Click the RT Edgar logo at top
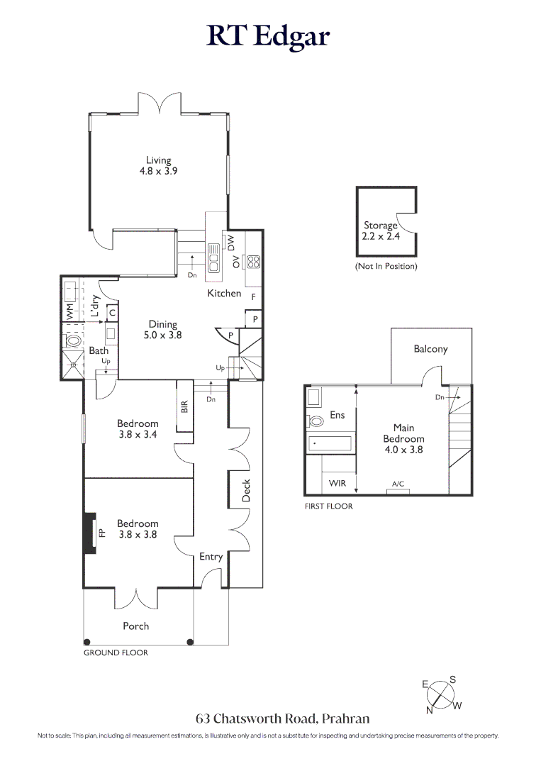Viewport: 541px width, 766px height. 269,36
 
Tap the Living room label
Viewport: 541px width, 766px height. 159,165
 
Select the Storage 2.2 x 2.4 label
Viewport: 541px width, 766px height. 381,231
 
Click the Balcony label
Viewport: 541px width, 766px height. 430,349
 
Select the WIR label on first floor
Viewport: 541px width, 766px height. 338,483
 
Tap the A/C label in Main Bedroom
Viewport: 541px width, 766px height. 398,484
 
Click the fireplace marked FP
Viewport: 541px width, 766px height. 89,532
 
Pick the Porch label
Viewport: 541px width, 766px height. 135,626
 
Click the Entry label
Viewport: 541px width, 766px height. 211,557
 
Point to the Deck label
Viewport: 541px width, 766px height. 247,491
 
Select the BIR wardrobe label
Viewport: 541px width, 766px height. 184,406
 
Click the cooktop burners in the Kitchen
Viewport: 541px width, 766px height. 252,262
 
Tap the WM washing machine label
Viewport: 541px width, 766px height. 69,311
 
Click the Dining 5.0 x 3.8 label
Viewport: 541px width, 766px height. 162,330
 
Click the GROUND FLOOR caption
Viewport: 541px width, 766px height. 116,653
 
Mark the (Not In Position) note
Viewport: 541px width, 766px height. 386,267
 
